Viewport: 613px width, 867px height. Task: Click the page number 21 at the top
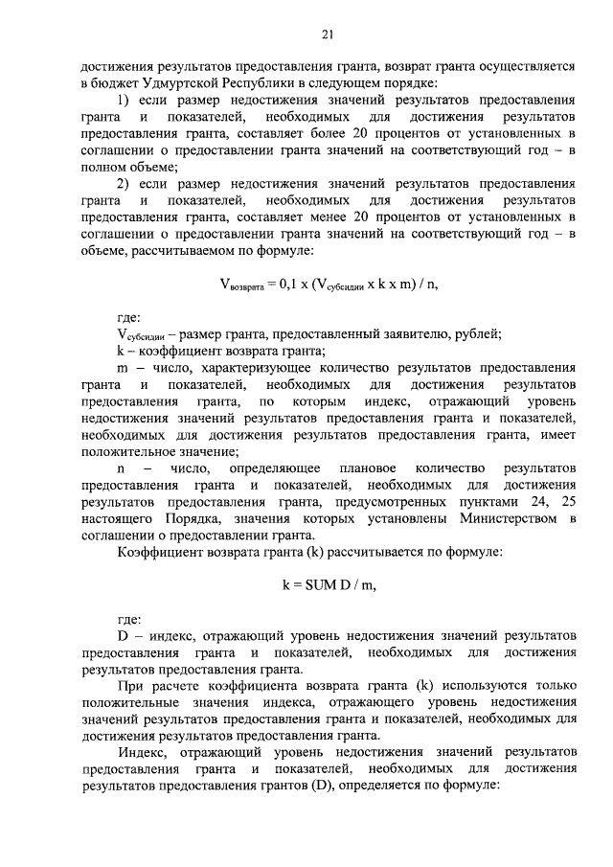point(327,36)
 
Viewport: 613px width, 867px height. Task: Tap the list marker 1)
point(124,100)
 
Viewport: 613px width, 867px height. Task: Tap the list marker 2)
point(124,184)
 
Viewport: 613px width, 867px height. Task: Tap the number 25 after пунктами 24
point(569,501)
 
